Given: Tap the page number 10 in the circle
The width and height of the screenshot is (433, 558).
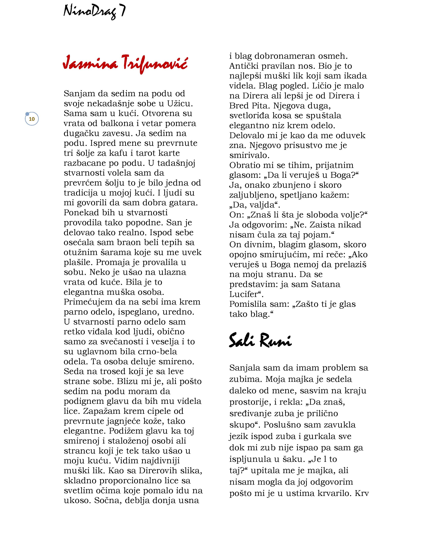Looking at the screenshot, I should (x=32, y=119).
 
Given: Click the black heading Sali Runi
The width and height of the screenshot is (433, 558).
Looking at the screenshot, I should (x=260, y=340).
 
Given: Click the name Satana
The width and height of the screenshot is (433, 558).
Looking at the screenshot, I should (x=326, y=284).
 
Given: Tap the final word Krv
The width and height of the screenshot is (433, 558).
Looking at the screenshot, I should (x=362, y=493).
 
